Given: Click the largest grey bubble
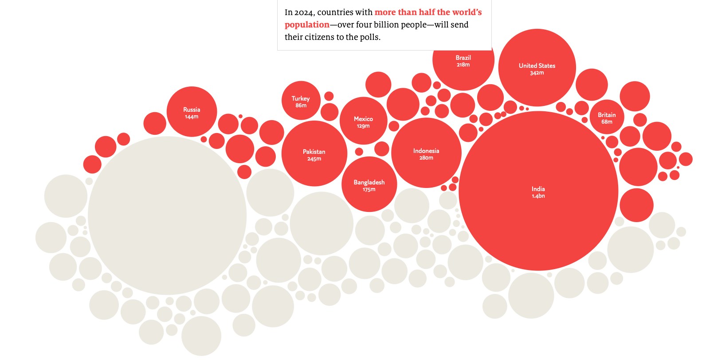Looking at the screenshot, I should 167,215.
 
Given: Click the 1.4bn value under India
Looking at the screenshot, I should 538,196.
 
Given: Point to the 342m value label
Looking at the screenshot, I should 537,73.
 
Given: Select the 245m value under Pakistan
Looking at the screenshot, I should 314,159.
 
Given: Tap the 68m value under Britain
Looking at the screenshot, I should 607,122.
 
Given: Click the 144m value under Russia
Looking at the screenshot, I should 192,117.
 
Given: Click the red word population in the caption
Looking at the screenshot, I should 307,25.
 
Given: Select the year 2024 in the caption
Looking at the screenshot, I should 303,12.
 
